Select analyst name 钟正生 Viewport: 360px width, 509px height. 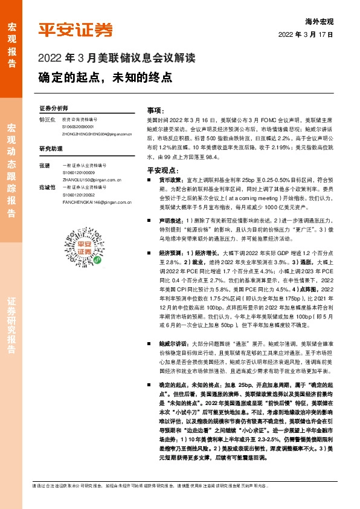tap(47, 120)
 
